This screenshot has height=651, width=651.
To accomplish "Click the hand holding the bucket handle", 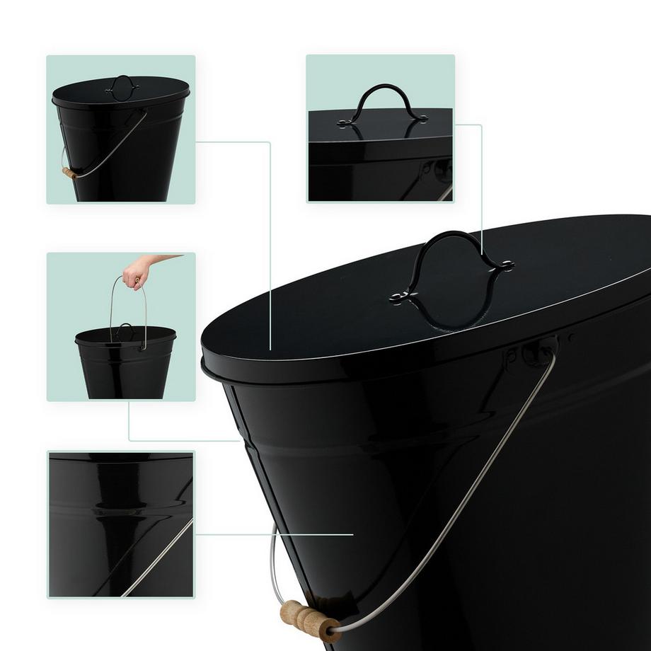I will coord(136,272).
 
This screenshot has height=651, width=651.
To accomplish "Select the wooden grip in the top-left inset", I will coord(69,173).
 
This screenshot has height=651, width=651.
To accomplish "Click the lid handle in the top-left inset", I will coord(122,83).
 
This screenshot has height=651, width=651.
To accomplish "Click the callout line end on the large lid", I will coord(271,348).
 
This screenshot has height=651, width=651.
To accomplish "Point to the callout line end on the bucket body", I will coord(352,534).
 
